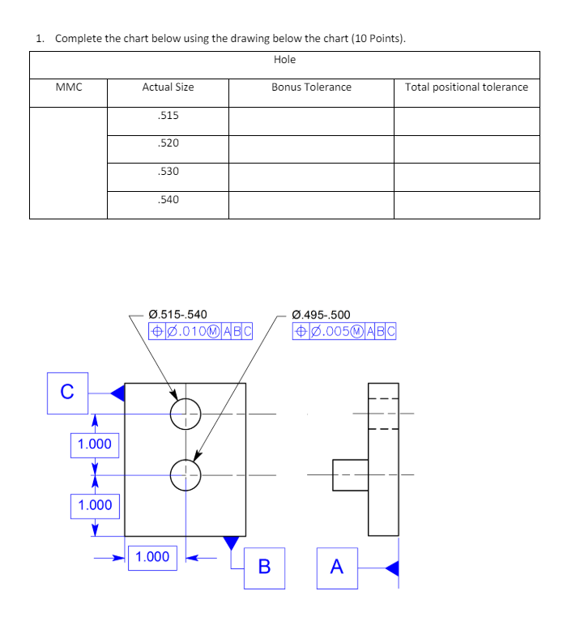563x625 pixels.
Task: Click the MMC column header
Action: click(69, 87)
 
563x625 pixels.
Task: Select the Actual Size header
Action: click(168, 87)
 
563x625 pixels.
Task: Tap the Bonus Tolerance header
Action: click(311, 87)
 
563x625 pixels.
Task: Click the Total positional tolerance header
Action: click(467, 87)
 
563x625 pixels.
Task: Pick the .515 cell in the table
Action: click(168, 116)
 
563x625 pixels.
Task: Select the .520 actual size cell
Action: click(168, 143)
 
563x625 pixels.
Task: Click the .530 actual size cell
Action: click(168, 172)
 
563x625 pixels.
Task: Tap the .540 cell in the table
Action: click(168, 199)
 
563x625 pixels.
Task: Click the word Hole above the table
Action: click(284, 59)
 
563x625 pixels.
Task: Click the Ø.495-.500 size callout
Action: click(321, 314)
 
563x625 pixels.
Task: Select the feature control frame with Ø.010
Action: click(201, 330)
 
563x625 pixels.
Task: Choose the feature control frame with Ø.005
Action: click(344, 330)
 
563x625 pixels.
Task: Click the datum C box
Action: click(66, 393)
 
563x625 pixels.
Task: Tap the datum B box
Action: click(264, 565)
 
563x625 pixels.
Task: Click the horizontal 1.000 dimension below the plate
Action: click(153, 557)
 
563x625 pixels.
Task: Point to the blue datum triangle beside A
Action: click(392, 568)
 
